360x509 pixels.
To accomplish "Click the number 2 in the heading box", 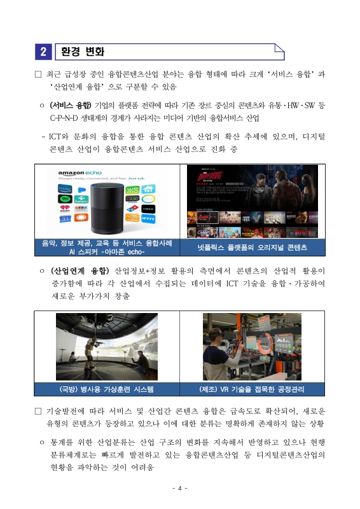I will [43, 52].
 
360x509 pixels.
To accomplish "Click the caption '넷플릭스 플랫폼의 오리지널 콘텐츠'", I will [252, 247].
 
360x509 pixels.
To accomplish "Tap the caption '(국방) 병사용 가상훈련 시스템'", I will [107, 389].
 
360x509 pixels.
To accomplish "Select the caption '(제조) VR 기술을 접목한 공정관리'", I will [252, 389].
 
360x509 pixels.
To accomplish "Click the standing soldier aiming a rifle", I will [88, 344].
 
